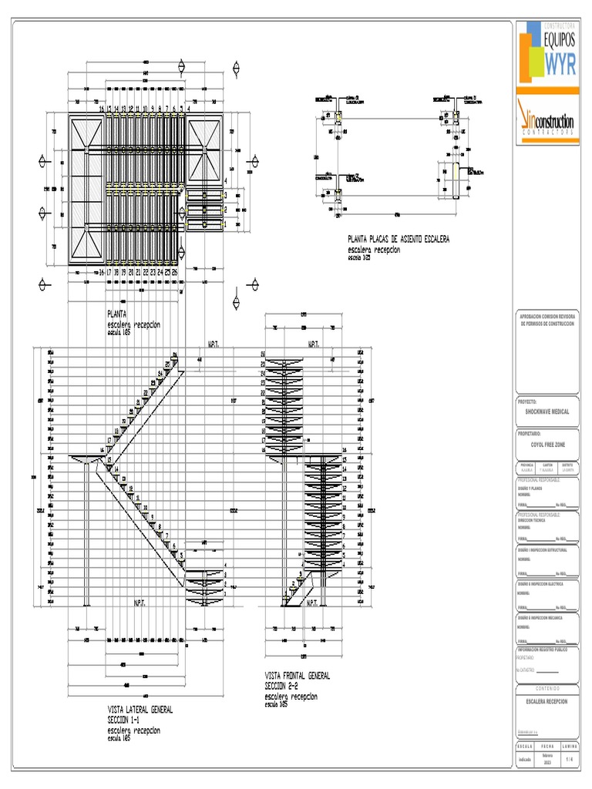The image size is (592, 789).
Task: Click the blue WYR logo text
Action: (560, 65)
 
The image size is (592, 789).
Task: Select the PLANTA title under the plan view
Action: (116, 314)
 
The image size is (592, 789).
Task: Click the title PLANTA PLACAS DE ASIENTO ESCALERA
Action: (398, 240)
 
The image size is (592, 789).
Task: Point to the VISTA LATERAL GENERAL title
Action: (140, 709)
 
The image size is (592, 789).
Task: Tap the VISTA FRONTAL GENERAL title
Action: (297, 676)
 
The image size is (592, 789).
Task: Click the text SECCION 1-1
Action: (129, 719)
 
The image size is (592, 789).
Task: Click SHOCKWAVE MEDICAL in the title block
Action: (547, 412)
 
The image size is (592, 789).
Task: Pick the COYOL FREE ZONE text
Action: (547, 445)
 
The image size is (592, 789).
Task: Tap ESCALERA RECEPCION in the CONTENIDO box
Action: (547, 702)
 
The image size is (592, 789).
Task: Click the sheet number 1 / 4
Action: (570, 759)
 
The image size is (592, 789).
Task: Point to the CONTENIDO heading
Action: (547, 688)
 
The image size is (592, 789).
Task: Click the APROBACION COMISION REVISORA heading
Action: (547, 316)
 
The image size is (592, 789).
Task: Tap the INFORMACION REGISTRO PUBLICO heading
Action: (547, 650)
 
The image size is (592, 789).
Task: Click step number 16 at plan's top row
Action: (101, 109)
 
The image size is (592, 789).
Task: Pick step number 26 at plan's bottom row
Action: (175, 272)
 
